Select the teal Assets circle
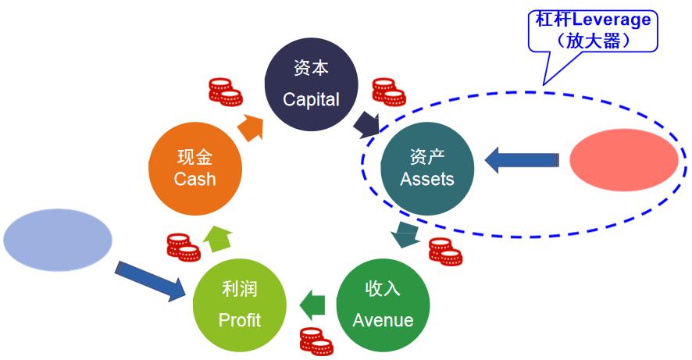[426, 168]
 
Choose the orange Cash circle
[194, 168]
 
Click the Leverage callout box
[593, 30]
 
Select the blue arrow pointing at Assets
[521, 160]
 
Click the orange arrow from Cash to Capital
[249, 127]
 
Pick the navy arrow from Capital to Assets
[366, 123]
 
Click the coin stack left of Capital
[225, 92]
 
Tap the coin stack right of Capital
[388, 91]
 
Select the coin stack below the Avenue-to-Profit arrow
[316, 340]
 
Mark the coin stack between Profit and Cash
[184, 247]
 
